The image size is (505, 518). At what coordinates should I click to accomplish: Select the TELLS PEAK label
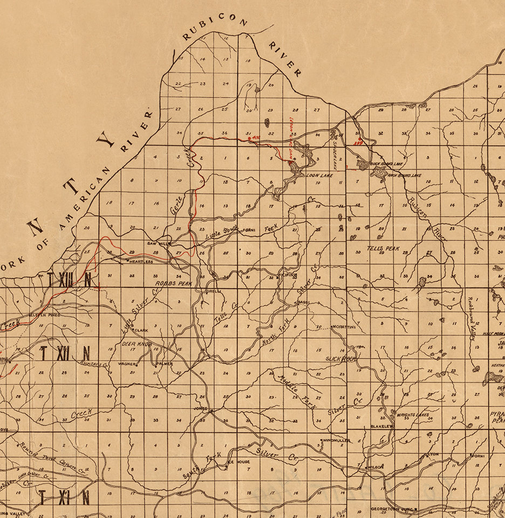[x=383, y=248]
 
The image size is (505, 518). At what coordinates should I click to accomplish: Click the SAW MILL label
[x=155, y=243]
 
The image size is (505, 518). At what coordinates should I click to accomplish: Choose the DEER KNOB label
[x=137, y=344]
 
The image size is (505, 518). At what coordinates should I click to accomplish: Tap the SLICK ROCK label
[x=339, y=358]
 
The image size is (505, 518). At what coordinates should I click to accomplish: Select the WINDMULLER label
[x=336, y=440]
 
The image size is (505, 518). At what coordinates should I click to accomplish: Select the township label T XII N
[x=64, y=354]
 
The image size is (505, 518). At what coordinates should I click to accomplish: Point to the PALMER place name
[x=164, y=364]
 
